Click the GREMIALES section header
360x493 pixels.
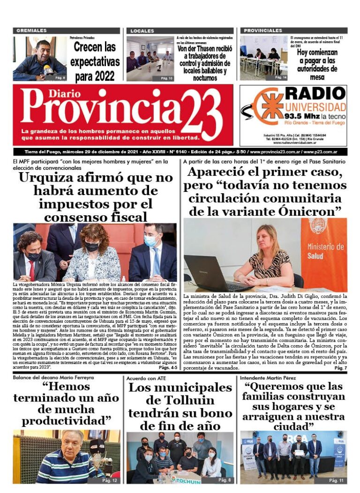click(x=31, y=30)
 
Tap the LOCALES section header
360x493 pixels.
click(x=142, y=30)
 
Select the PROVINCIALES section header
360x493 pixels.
click(x=263, y=30)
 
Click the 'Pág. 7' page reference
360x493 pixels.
click(x=340, y=369)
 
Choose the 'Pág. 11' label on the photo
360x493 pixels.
click(x=336, y=480)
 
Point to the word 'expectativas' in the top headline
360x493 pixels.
click(x=95, y=61)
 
